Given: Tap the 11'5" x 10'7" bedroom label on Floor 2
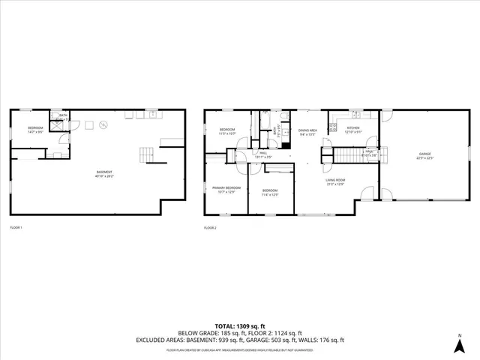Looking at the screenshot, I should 227,132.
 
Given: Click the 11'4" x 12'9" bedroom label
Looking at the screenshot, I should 270,193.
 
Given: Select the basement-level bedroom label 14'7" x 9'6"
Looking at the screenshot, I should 35,130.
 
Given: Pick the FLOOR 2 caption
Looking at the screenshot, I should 210,227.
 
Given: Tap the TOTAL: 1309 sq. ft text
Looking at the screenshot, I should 239,326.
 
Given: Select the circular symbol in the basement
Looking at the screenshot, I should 104,124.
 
